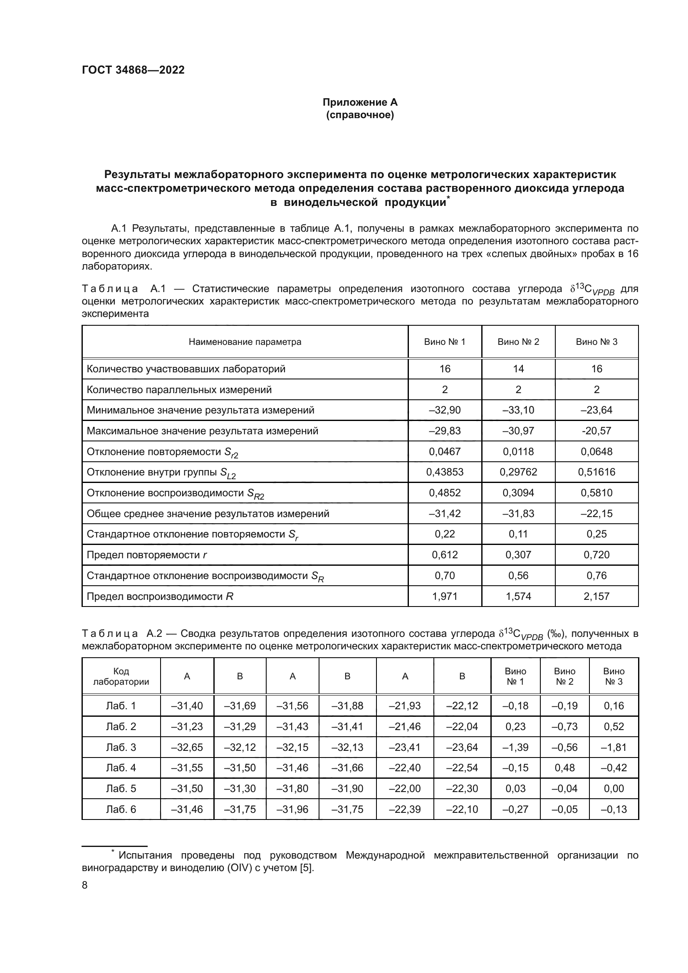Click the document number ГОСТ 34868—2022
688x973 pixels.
[133, 70]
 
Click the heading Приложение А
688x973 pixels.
[360, 102]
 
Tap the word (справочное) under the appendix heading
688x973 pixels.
[360, 115]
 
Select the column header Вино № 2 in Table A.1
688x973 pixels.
[518, 342]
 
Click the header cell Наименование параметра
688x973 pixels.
[245, 342]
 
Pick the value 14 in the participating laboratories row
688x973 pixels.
[518, 369]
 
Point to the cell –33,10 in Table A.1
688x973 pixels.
[518, 410]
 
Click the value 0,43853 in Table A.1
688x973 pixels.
[444, 472]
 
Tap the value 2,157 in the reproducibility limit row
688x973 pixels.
[596, 596]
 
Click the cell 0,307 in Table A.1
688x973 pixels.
[518, 555]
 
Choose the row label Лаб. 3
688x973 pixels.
[121, 747]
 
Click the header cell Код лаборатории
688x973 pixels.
[121, 676]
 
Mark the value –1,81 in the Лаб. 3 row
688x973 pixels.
[614, 747]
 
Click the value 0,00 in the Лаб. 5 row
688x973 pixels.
[614, 788]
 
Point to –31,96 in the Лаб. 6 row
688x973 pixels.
[292, 809]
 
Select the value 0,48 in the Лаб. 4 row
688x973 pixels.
[564, 768]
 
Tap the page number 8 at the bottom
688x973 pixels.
[84, 885]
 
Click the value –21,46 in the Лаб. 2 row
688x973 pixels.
[405, 726]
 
